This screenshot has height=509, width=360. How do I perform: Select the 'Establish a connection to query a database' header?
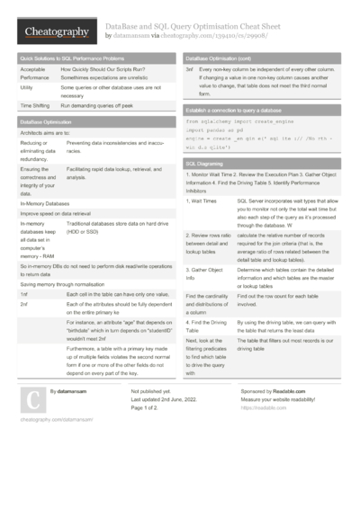click(x=241, y=108)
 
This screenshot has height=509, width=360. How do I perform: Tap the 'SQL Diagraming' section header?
click(x=205, y=165)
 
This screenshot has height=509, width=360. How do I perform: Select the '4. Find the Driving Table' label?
click(x=204, y=325)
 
